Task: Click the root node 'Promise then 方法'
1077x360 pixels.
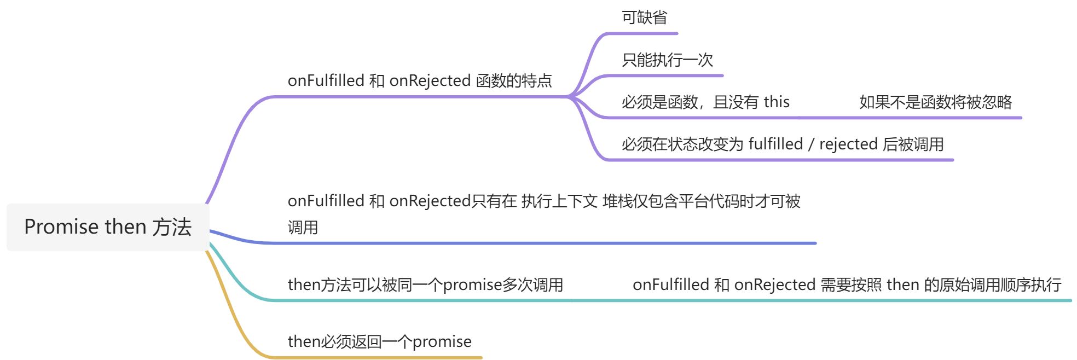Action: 108,227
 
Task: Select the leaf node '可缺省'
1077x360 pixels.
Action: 644,18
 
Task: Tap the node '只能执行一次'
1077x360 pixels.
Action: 667,60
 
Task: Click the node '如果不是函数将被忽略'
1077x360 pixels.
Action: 935,102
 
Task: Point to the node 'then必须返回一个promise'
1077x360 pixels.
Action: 379,341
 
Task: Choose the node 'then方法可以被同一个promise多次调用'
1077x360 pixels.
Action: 425,284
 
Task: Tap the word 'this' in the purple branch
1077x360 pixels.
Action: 777,102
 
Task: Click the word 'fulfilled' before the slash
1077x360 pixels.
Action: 775,144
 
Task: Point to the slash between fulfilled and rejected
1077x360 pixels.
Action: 811,144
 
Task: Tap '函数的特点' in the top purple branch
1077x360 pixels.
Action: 514,81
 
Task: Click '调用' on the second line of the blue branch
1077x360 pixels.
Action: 303,227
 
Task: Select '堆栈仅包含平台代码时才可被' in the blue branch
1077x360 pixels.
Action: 701,201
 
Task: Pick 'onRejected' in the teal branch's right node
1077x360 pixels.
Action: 775,284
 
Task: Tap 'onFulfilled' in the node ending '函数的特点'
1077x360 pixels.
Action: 326,81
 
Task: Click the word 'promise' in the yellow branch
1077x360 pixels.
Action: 442,341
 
